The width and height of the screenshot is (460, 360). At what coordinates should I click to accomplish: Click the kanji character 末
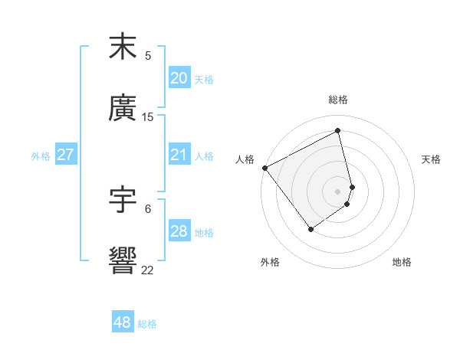point(123,47)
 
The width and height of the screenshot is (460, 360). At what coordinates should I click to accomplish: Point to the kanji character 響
point(123,260)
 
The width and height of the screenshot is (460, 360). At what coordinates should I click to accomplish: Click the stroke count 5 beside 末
point(148,55)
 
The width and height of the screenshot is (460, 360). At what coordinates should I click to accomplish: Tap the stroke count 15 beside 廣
point(148,117)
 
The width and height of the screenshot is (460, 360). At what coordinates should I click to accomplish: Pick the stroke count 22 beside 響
point(148,269)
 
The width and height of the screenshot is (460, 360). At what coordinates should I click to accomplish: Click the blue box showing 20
point(179,78)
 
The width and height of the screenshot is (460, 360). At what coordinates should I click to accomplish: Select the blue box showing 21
point(179,155)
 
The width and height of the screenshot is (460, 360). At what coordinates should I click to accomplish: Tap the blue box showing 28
point(179,232)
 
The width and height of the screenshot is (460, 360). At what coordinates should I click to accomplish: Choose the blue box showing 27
point(65,155)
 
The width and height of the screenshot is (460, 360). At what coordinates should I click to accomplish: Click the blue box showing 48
point(122,323)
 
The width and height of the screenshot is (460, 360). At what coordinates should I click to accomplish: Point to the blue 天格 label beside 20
point(204,80)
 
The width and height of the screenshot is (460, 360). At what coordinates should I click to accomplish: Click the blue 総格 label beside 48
point(147,324)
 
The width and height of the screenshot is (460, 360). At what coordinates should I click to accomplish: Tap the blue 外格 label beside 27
point(41,156)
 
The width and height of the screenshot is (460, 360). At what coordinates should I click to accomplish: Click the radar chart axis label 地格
point(402,263)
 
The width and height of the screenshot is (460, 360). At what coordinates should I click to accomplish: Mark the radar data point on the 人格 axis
point(264,168)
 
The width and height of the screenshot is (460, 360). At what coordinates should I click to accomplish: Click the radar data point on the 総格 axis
point(337,131)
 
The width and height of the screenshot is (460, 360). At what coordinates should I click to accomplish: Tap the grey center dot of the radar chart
point(337,191)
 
